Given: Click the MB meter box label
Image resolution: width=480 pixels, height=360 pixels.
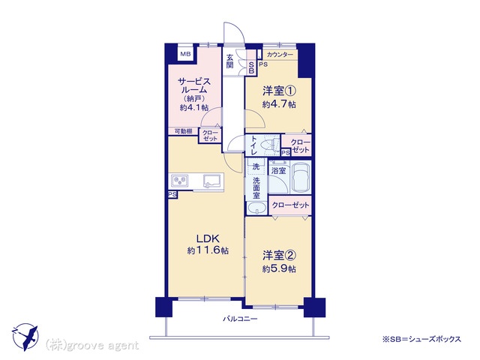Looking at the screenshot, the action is tap(185, 55).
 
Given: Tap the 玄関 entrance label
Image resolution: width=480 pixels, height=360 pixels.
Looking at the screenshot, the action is tap(230, 61).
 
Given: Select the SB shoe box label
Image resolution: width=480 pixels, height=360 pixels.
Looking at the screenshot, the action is tap(251, 68).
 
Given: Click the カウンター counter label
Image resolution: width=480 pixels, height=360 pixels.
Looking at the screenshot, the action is tap(280, 55).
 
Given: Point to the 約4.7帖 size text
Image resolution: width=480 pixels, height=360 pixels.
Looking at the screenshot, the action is tap(279, 104).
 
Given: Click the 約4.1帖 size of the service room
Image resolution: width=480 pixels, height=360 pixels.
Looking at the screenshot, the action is tap(194, 107).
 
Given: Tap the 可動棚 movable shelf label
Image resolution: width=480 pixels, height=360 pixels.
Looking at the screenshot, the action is tap(183, 131).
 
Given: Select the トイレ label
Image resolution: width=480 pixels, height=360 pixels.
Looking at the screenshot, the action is tap(254, 145).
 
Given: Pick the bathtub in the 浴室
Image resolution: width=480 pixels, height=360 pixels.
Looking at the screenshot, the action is tap(301, 177).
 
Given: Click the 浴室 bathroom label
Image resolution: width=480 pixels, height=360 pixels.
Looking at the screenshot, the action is tap(278, 171).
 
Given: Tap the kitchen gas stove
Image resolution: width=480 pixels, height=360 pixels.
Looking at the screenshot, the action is tap(179, 181).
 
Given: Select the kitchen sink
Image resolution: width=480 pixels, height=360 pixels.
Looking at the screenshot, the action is tap(211, 181).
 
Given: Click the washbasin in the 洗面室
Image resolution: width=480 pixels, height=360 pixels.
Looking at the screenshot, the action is tap(256, 208).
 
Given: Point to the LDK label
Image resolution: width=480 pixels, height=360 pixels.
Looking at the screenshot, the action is tap(208, 238).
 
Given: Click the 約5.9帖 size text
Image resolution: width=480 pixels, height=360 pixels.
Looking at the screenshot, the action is tap(279, 269).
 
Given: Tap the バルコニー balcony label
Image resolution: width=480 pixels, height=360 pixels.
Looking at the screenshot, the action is tap(240, 319).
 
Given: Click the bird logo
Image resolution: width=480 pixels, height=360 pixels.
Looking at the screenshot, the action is tap(25, 337).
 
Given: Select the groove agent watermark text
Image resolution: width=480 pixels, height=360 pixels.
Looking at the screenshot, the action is tap(91, 346).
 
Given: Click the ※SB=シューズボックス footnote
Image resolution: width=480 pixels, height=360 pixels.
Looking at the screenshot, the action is tap(421, 339).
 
